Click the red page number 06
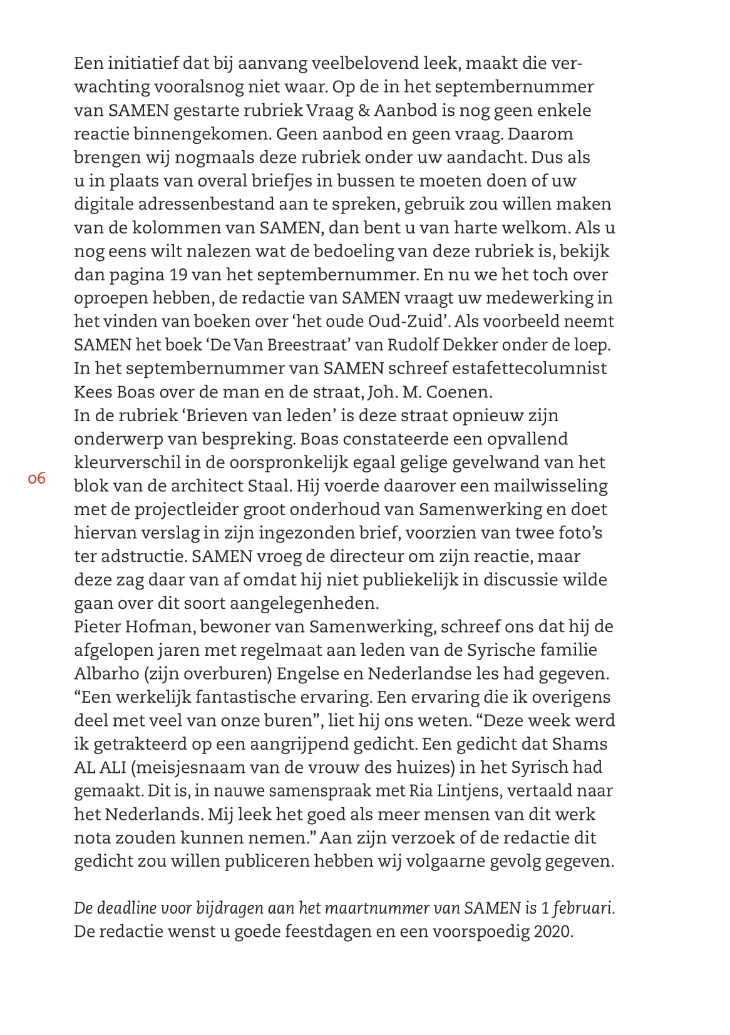[x=36, y=479]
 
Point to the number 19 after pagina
[x=178, y=275]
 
